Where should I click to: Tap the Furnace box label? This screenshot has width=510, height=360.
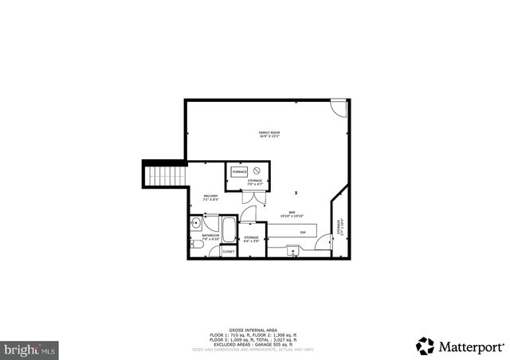click(x=239, y=171)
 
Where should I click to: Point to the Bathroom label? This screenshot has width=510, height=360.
click(x=210, y=236)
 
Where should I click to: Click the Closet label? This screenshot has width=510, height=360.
click(x=227, y=250)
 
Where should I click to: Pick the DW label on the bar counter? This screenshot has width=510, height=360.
click(x=303, y=232)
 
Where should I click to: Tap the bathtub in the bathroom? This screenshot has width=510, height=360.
click(x=229, y=231)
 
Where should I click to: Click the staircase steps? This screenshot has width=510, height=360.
click(x=165, y=174)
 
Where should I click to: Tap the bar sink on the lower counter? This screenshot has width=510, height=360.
click(x=293, y=250)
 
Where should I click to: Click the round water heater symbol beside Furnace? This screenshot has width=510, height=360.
click(x=257, y=171)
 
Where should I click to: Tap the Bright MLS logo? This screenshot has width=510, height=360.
click(x=29, y=348)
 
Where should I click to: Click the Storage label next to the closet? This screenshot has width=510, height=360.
click(x=251, y=237)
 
